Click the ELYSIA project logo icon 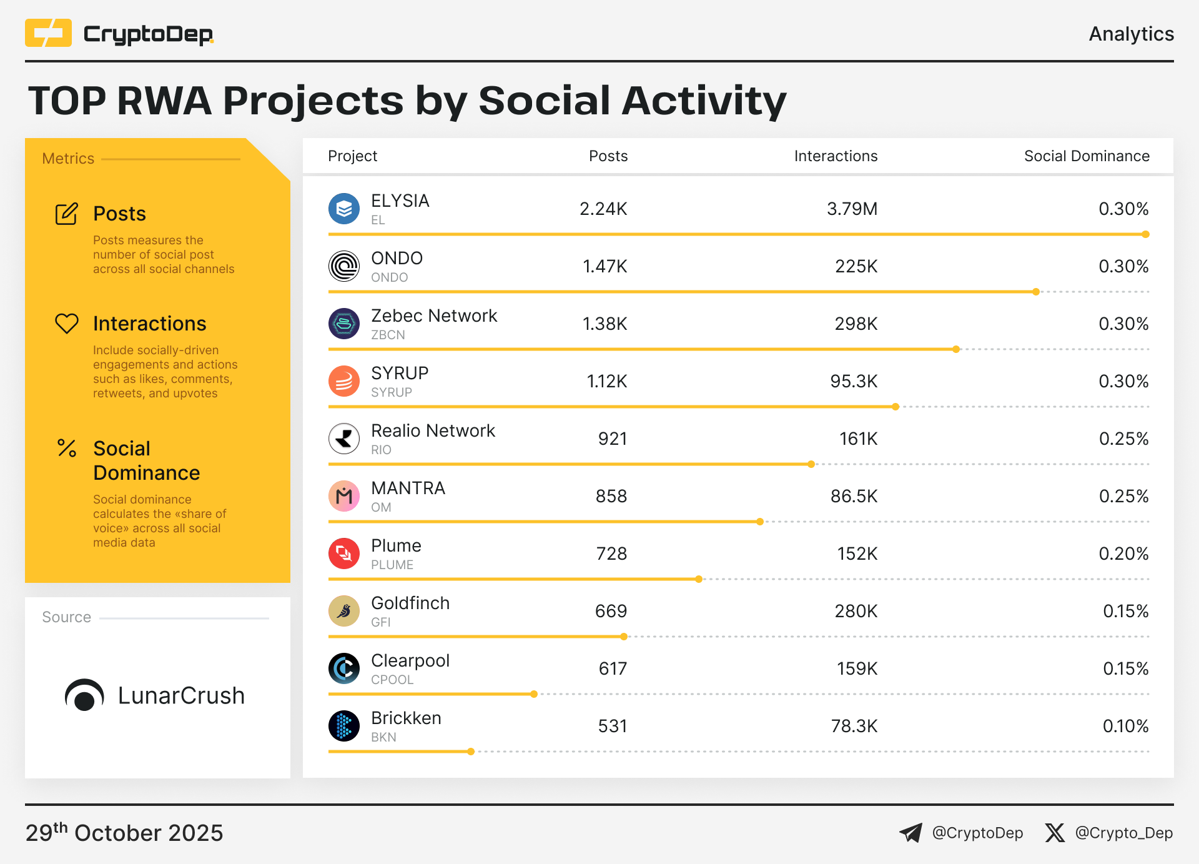click(344, 209)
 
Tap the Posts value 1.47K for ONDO click(604, 267)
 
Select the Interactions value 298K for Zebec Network click(856, 324)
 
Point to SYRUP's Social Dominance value click(1123, 382)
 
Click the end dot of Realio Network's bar click(811, 464)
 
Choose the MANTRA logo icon click(344, 496)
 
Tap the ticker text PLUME click(392, 565)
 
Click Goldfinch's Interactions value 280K click(856, 612)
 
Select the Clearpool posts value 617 click(612, 669)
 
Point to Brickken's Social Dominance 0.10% click(1125, 727)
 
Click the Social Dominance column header click(1086, 156)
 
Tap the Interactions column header click(836, 156)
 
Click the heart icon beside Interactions click(67, 324)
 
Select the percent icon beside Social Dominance click(67, 448)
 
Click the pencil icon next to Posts click(67, 214)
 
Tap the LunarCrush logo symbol click(84, 695)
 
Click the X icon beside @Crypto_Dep click(1055, 833)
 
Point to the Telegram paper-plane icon click(910, 833)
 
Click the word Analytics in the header click(1131, 34)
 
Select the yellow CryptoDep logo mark click(48, 33)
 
